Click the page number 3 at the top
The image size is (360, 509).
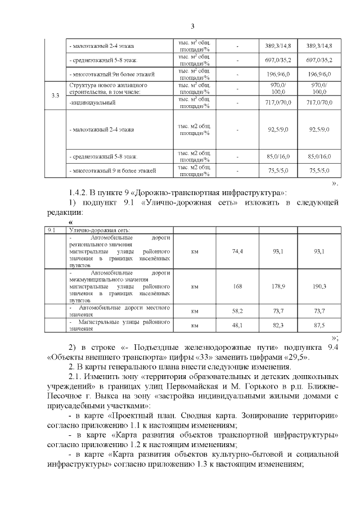point(192,26)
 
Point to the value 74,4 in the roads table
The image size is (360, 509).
point(237,251)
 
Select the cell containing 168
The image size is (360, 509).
point(237,286)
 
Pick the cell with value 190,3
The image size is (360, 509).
point(319,286)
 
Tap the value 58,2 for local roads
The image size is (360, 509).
point(237,310)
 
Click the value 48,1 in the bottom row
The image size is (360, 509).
point(237,325)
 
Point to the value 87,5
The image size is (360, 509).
point(319,325)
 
